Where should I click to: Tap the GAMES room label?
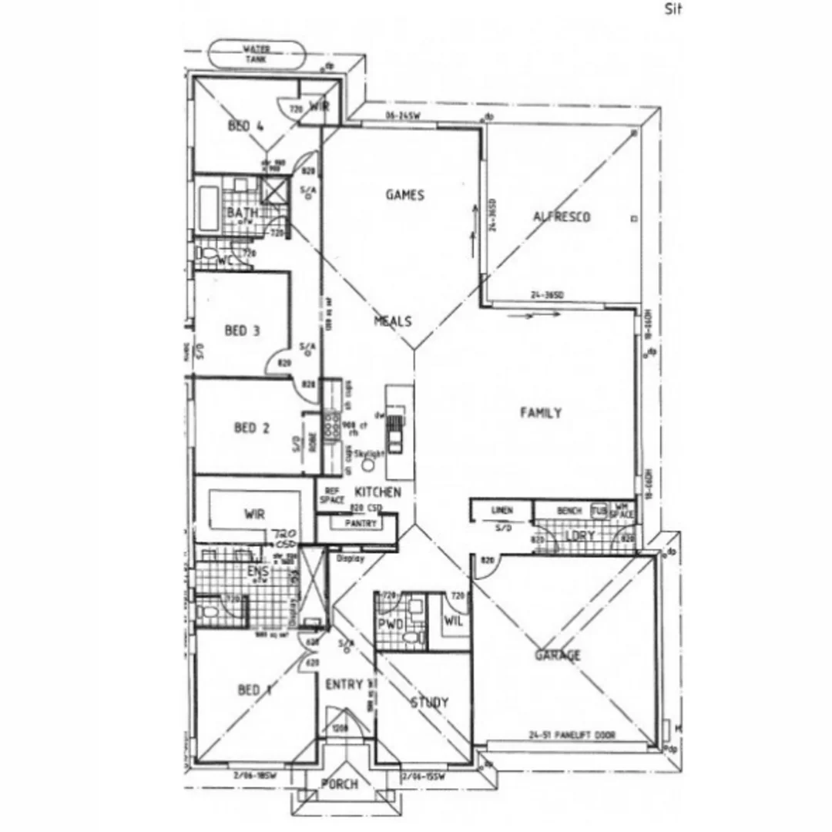click(x=405, y=195)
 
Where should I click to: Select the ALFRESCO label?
click(x=562, y=217)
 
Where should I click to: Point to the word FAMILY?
click(x=541, y=413)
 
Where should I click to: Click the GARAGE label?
click(x=558, y=656)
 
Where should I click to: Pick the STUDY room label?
click(x=429, y=703)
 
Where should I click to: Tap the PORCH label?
click(x=339, y=784)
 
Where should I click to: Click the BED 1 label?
click(x=254, y=690)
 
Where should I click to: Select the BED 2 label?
click(x=251, y=428)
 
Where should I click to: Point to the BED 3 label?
click(x=242, y=330)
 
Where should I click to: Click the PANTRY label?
click(x=361, y=524)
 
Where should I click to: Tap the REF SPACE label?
click(x=332, y=495)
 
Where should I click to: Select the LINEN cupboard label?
click(x=502, y=510)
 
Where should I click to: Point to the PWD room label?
click(x=391, y=625)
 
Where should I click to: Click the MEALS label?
click(x=393, y=321)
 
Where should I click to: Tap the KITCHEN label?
click(x=377, y=491)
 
